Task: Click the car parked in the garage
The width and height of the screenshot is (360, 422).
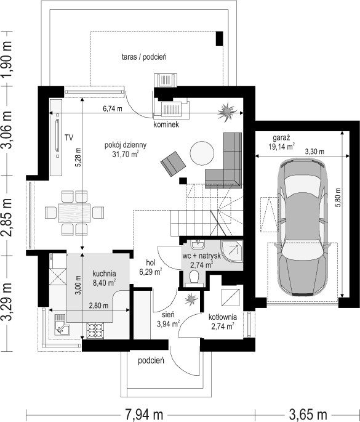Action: pos(303,227)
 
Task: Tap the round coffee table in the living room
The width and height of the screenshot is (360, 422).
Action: pos(202,153)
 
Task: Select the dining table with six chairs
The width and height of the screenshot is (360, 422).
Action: pos(74,213)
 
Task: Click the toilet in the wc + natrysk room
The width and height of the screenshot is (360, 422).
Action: pos(194,277)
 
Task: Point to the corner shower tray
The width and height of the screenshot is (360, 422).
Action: pos(232,251)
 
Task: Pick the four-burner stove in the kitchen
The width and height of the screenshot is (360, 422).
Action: pos(95,330)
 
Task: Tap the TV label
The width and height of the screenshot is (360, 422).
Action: pos(69,138)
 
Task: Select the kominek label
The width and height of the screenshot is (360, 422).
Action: pos(166,124)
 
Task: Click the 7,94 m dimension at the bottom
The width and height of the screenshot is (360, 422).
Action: pos(144,415)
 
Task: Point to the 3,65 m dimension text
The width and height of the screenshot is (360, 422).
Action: pos(308,415)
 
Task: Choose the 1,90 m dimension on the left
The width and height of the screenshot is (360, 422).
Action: pos(7,59)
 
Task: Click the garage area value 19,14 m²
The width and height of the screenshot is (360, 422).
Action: pos(281,147)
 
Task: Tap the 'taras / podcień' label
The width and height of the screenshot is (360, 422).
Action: pos(144,57)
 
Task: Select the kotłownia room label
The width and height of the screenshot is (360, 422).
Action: pos(223,317)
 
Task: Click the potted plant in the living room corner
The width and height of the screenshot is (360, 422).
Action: pos(226,111)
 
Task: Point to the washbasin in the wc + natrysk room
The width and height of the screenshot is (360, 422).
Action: pos(198,245)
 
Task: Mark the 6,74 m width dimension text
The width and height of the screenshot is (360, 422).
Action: pos(113,108)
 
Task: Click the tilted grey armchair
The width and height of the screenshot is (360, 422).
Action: pos(173,164)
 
